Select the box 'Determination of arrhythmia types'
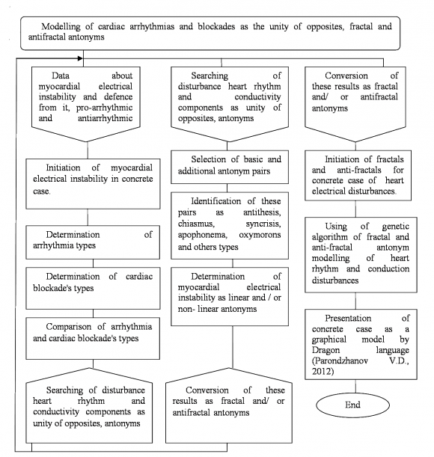(x=94, y=240)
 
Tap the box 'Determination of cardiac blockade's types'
(x=94, y=283)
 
